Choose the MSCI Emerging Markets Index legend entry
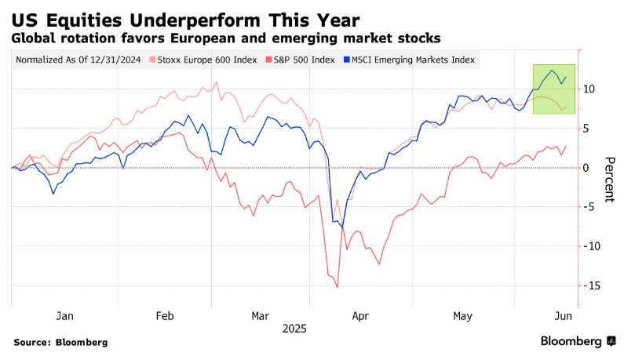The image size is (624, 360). coord(409,60)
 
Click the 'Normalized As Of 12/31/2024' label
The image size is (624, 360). coord(78,60)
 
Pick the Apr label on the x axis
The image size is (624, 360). coord(359,315)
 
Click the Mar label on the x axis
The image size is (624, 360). coord(259,315)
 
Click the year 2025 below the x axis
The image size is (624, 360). coord(294,329)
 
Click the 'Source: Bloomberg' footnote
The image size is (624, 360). coord(60,343)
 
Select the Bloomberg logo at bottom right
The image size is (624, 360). coord(577,342)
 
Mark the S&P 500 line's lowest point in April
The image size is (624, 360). coord(338,287)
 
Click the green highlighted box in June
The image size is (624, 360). coord(554,89)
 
